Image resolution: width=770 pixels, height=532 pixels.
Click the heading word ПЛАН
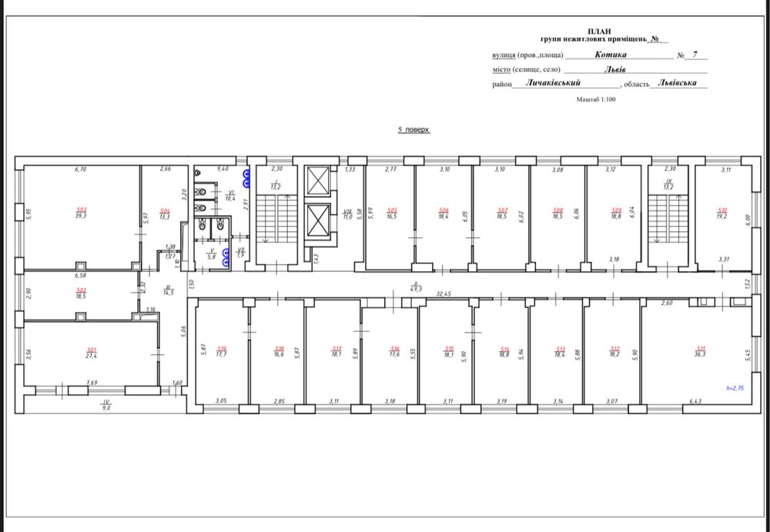point(600,28)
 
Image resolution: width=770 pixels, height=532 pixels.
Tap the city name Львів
point(614,69)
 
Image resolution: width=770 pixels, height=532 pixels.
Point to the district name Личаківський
point(552,82)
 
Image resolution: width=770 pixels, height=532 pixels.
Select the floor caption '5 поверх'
point(413,130)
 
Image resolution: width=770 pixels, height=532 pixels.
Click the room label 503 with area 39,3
point(80,212)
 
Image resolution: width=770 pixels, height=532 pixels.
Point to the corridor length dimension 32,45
point(444,293)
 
